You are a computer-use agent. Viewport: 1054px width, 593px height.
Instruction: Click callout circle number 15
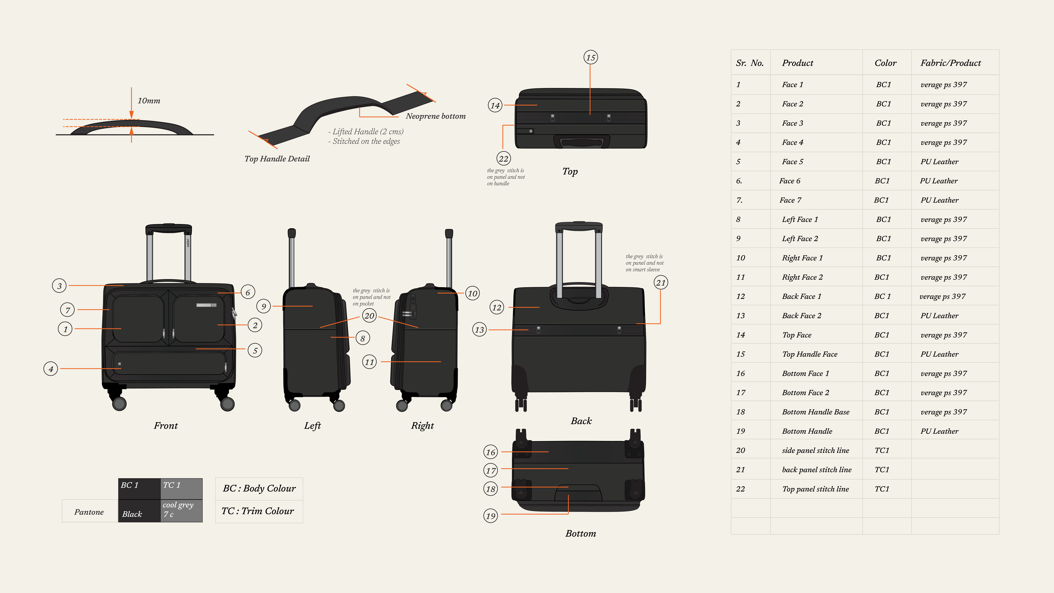590,57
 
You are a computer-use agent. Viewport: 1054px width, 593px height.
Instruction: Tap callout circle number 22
503,158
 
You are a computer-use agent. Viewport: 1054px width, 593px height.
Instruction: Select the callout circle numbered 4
51,369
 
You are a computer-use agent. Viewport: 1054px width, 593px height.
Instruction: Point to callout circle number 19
491,516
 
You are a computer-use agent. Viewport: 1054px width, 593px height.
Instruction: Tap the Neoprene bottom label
436,116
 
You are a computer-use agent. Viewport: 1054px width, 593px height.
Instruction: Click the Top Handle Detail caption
277,159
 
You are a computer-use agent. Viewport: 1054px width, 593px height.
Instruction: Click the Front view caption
166,426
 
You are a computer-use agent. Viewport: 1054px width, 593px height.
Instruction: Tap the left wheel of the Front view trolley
119,404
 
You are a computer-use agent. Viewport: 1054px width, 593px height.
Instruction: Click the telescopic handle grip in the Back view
579,225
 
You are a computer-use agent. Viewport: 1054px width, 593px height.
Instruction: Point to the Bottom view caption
581,534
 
